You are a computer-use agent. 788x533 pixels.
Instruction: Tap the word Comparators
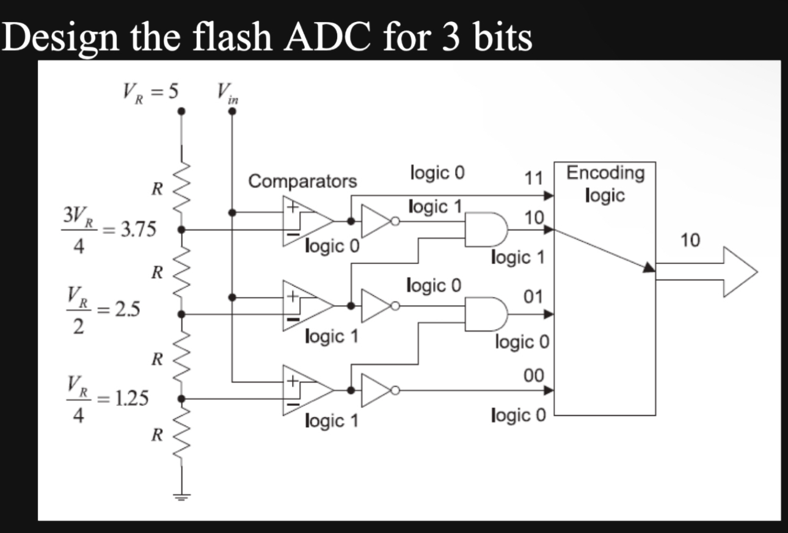click(x=302, y=181)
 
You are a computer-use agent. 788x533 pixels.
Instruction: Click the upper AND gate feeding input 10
click(x=486, y=229)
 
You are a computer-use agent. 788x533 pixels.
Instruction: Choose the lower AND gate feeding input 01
click(x=486, y=313)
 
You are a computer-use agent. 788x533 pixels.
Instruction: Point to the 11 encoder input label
click(x=534, y=179)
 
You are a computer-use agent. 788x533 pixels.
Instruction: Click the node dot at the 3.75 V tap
click(x=181, y=230)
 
